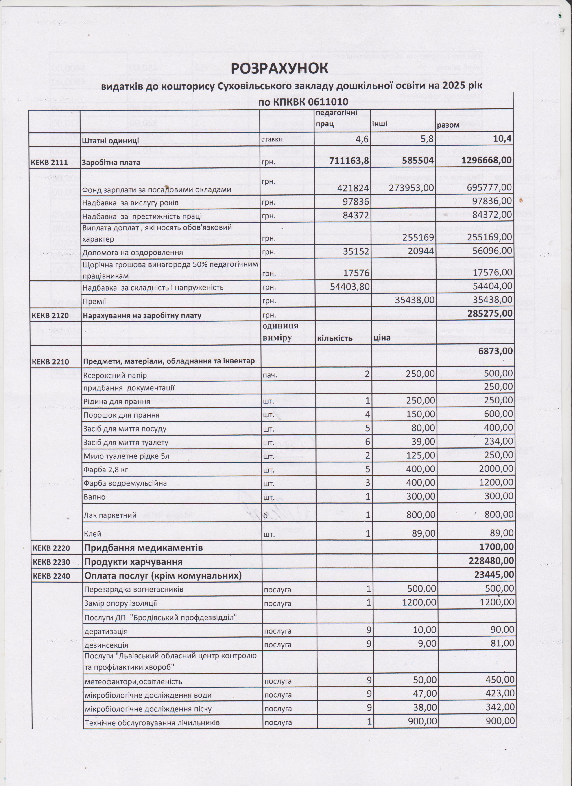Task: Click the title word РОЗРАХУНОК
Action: coord(279,69)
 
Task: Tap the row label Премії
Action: coord(94,302)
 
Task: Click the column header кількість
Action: coord(335,338)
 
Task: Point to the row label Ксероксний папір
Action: coord(115,375)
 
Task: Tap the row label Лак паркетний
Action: coord(110,515)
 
